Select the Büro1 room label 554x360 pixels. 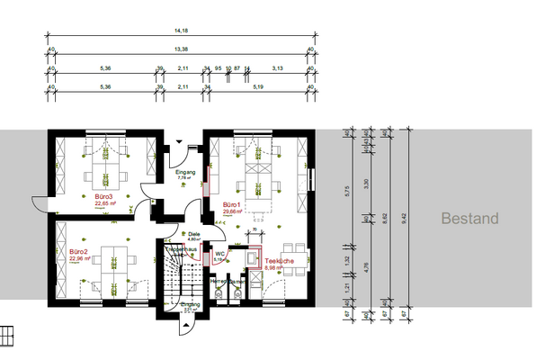point(233,205)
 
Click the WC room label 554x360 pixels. point(219,254)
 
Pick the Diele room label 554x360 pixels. point(193,234)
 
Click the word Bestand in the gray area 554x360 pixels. point(469,219)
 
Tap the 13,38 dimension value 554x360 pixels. point(181,51)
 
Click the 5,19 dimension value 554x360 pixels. point(258,87)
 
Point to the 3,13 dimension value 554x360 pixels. point(278,68)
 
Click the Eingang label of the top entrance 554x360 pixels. point(185,171)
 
